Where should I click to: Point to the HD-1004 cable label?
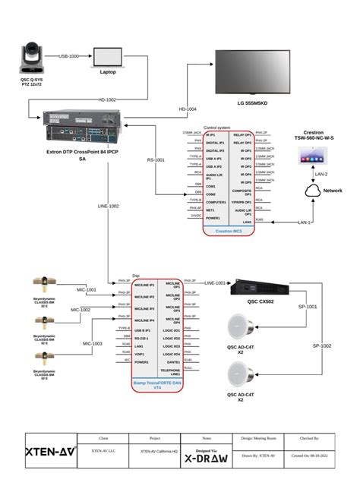tap(187, 109)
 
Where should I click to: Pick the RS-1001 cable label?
tap(156, 160)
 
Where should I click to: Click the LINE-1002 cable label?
tap(108, 206)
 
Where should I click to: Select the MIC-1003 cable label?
tap(92, 343)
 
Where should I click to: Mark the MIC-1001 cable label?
tap(85, 289)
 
